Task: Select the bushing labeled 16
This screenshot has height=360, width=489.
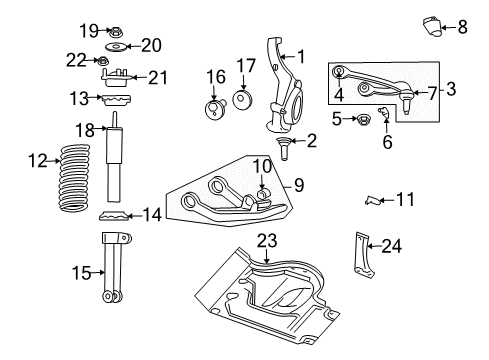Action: coord(215,110)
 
